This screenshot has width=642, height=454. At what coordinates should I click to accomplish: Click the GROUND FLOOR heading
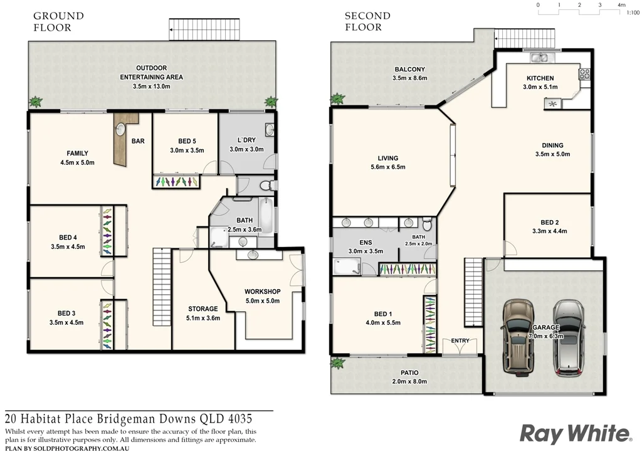tap(58, 21)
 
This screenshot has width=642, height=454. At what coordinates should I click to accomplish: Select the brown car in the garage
tap(518, 336)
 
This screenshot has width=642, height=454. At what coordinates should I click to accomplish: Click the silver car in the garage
tap(569, 337)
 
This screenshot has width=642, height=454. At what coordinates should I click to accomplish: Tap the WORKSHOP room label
tap(262, 292)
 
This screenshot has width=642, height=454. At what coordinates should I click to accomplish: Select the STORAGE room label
tap(203, 309)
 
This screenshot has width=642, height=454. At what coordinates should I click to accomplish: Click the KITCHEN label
tap(540, 78)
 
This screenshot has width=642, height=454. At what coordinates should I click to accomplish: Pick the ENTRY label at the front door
tap(460, 340)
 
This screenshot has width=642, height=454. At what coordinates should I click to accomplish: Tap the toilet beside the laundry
tap(265, 186)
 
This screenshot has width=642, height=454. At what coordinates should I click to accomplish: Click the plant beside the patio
tap(339, 363)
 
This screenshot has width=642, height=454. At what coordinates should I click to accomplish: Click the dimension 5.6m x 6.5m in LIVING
tap(387, 167)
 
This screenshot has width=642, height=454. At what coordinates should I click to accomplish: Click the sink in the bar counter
tap(120, 130)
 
